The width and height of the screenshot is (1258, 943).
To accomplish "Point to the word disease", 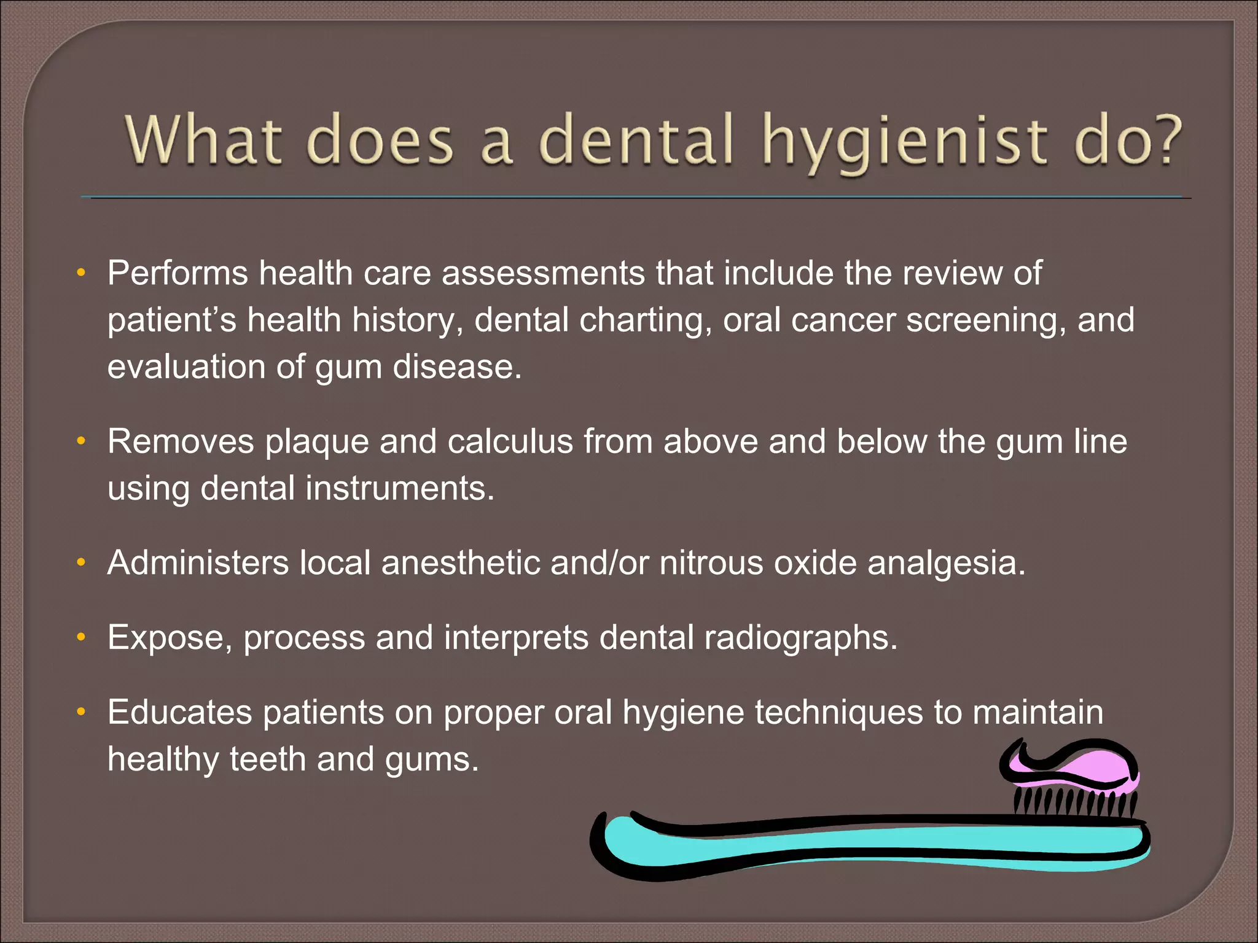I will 457,367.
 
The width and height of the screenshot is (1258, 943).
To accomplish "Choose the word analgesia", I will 946,564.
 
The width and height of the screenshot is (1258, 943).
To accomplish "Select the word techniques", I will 838,712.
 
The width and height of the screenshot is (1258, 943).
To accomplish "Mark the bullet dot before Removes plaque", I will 80,441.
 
